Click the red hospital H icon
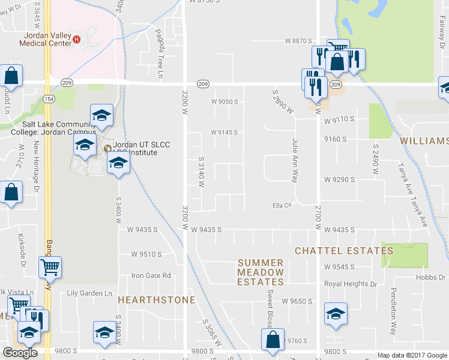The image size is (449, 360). point(76,40)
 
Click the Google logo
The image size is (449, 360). point(20,353)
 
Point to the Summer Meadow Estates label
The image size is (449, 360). point(260,272)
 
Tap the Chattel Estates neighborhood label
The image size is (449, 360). point(336,250)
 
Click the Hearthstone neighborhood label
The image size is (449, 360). point(156,299)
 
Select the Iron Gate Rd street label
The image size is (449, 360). point(151,276)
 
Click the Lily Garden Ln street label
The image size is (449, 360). point(90,293)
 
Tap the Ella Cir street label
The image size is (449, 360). point(282,206)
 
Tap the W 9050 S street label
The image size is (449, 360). point(224,101)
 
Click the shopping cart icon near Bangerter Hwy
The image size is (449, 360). point(50,266)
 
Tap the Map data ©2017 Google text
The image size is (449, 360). point(411,355)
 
